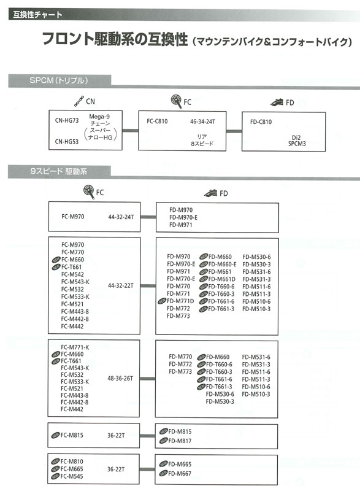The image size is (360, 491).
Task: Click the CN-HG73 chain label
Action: [67, 120]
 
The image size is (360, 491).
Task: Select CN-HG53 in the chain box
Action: [67, 142]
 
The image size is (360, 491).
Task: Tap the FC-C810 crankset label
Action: [157, 121]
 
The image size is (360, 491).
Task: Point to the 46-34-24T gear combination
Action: [202, 122]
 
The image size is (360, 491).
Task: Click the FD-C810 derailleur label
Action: [261, 122]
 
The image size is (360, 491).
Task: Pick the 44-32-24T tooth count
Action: [121, 217]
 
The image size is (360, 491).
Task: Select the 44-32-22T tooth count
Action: [121, 285]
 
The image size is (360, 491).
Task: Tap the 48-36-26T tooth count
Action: [120, 378]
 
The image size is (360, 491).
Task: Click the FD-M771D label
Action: [180, 301]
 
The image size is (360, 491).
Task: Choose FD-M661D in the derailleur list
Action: [222, 279]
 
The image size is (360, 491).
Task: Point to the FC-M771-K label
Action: [75, 347]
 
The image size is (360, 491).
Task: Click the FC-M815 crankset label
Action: [72, 435]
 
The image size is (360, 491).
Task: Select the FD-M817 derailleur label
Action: [180, 441]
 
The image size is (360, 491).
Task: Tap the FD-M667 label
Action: [180, 473]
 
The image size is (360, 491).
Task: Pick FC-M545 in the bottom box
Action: [72, 476]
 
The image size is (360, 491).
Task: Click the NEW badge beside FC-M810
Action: [55, 462]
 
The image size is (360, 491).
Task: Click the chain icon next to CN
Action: [79, 101]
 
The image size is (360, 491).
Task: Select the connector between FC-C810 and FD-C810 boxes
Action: [234, 131]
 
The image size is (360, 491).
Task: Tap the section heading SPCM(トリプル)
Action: [59, 80]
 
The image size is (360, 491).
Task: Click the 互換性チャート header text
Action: [37, 14]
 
